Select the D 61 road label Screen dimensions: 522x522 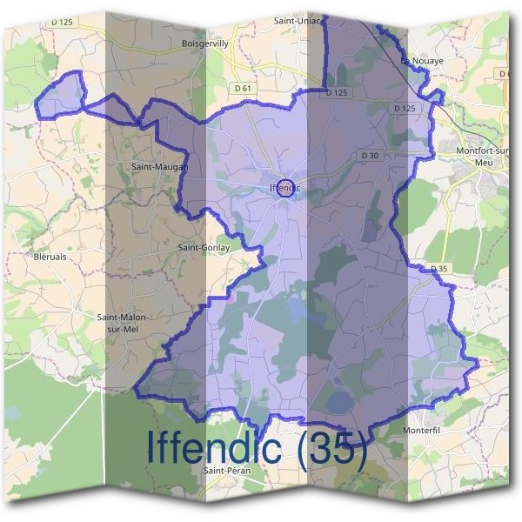(x=243, y=88)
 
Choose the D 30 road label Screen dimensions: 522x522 (x=370, y=155)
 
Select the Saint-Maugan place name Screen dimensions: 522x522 (x=154, y=165)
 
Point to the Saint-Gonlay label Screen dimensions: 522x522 (x=204, y=247)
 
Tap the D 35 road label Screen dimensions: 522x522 (x=438, y=269)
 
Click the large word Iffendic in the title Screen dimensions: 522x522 (x=214, y=447)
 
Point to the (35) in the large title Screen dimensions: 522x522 (x=331, y=447)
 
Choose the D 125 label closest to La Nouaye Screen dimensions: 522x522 (x=404, y=108)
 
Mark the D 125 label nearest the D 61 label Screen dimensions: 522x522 (x=338, y=92)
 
